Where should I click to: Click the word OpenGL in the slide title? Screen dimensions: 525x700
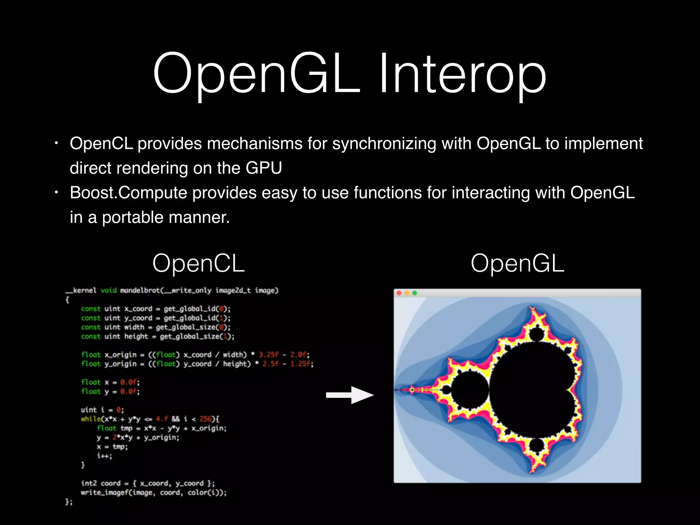tap(256, 73)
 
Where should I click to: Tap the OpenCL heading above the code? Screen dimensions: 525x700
tap(198, 263)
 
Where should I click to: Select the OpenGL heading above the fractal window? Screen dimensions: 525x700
tap(517, 263)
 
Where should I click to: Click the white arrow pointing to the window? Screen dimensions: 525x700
tap(350, 395)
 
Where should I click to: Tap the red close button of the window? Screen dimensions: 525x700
tap(399, 293)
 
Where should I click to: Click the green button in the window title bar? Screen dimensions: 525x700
tap(415, 293)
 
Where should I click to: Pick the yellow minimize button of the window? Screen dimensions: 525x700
tap(407, 293)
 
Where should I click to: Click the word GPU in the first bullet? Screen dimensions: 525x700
tap(264, 168)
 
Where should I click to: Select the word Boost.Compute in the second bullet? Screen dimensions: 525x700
tap(129, 193)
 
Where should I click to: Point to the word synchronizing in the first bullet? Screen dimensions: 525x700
tap(384, 144)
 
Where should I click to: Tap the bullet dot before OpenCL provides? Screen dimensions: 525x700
tap(57, 144)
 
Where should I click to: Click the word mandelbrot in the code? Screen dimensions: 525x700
tap(140, 291)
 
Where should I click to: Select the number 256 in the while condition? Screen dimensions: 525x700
tap(205, 419)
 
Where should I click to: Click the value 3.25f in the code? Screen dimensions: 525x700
tap(268, 355)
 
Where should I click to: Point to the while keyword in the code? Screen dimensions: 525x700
tap(91, 419)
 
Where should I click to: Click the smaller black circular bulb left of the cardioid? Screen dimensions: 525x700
tap(470, 390)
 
